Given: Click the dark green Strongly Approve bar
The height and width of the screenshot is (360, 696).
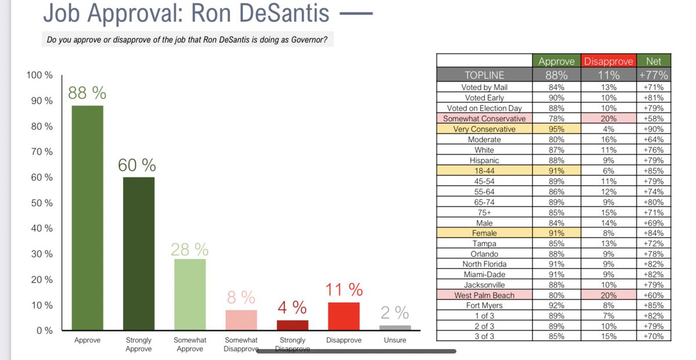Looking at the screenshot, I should (x=138, y=253).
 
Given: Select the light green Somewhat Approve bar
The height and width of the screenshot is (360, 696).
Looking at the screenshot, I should (x=190, y=294).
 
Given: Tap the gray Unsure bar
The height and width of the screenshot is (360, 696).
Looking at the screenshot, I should (x=395, y=328).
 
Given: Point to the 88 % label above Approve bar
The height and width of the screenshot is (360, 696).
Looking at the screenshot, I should (x=87, y=93).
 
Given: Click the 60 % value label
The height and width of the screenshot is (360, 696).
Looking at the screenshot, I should (x=137, y=165).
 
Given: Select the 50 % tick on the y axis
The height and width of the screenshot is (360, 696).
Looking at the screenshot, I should (x=40, y=203).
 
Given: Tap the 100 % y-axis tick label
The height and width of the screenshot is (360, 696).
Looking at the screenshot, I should (x=39, y=75).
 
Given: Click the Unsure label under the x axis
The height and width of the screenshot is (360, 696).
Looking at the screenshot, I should (x=395, y=340).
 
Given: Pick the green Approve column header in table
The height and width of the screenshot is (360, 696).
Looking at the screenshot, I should (x=556, y=61).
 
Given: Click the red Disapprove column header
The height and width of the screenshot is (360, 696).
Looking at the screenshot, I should (x=608, y=61).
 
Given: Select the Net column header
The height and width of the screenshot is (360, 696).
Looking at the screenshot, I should (x=653, y=61).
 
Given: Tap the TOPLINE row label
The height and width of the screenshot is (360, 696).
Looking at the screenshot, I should (x=484, y=75).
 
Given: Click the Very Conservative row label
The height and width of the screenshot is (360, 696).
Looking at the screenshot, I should (x=484, y=129).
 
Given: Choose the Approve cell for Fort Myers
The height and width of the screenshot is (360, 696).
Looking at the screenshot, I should (x=556, y=306).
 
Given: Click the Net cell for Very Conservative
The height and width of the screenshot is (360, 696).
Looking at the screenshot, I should (x=653, y=129).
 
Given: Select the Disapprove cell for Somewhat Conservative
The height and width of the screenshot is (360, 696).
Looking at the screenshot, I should (x=608, y=118).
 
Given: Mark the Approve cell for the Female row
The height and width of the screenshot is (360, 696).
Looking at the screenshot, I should (x=556, y=233).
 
